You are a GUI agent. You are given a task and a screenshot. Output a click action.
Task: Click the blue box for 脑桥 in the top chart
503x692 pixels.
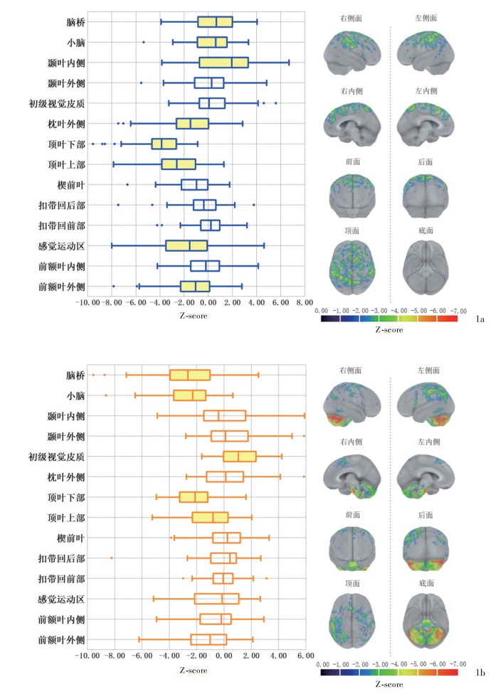pyautogui.click(x=215, y=22)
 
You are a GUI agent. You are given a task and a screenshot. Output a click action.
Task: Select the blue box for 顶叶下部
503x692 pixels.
pyautogui.click(x=164, y=144)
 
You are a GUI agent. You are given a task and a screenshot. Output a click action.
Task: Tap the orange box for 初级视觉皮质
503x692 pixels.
pyautogui.click(x=239, y=456)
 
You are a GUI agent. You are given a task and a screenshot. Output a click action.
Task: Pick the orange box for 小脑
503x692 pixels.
pyautogui.click(x=189, y=395)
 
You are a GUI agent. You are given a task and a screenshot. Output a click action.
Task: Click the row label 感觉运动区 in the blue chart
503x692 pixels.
pyautogui.click(x=62, y=246)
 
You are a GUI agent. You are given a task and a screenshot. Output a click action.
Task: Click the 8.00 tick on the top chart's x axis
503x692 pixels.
pyautogui.click(x=305, y=302)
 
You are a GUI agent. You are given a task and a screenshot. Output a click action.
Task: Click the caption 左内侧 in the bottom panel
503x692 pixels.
pyautogui.click(x=425, y=441)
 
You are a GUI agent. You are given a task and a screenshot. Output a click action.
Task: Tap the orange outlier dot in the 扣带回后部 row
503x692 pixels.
pyautogui.click(x=112, y=558)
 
